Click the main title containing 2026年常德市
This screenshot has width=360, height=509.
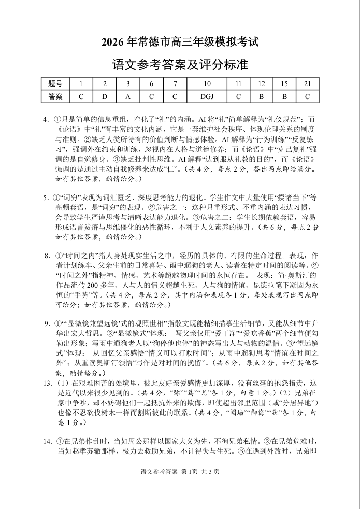click(x=180, y=42)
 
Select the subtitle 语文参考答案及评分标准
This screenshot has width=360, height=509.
click(x=180, y=65)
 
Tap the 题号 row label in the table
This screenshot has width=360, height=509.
click(x=55, y=83)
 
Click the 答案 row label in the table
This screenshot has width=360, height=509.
click(x=55, y=96)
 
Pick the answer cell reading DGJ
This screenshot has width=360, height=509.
click(x=207, y=96)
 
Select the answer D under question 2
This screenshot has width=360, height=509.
click(x=105, y=96)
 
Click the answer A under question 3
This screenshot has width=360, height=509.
click(x=128, y=96)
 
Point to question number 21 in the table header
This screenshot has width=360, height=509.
click(x=307, y=83)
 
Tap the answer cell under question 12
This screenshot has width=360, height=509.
click(x=262, y=96)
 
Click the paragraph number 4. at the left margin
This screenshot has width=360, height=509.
click(x=47, y=119)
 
